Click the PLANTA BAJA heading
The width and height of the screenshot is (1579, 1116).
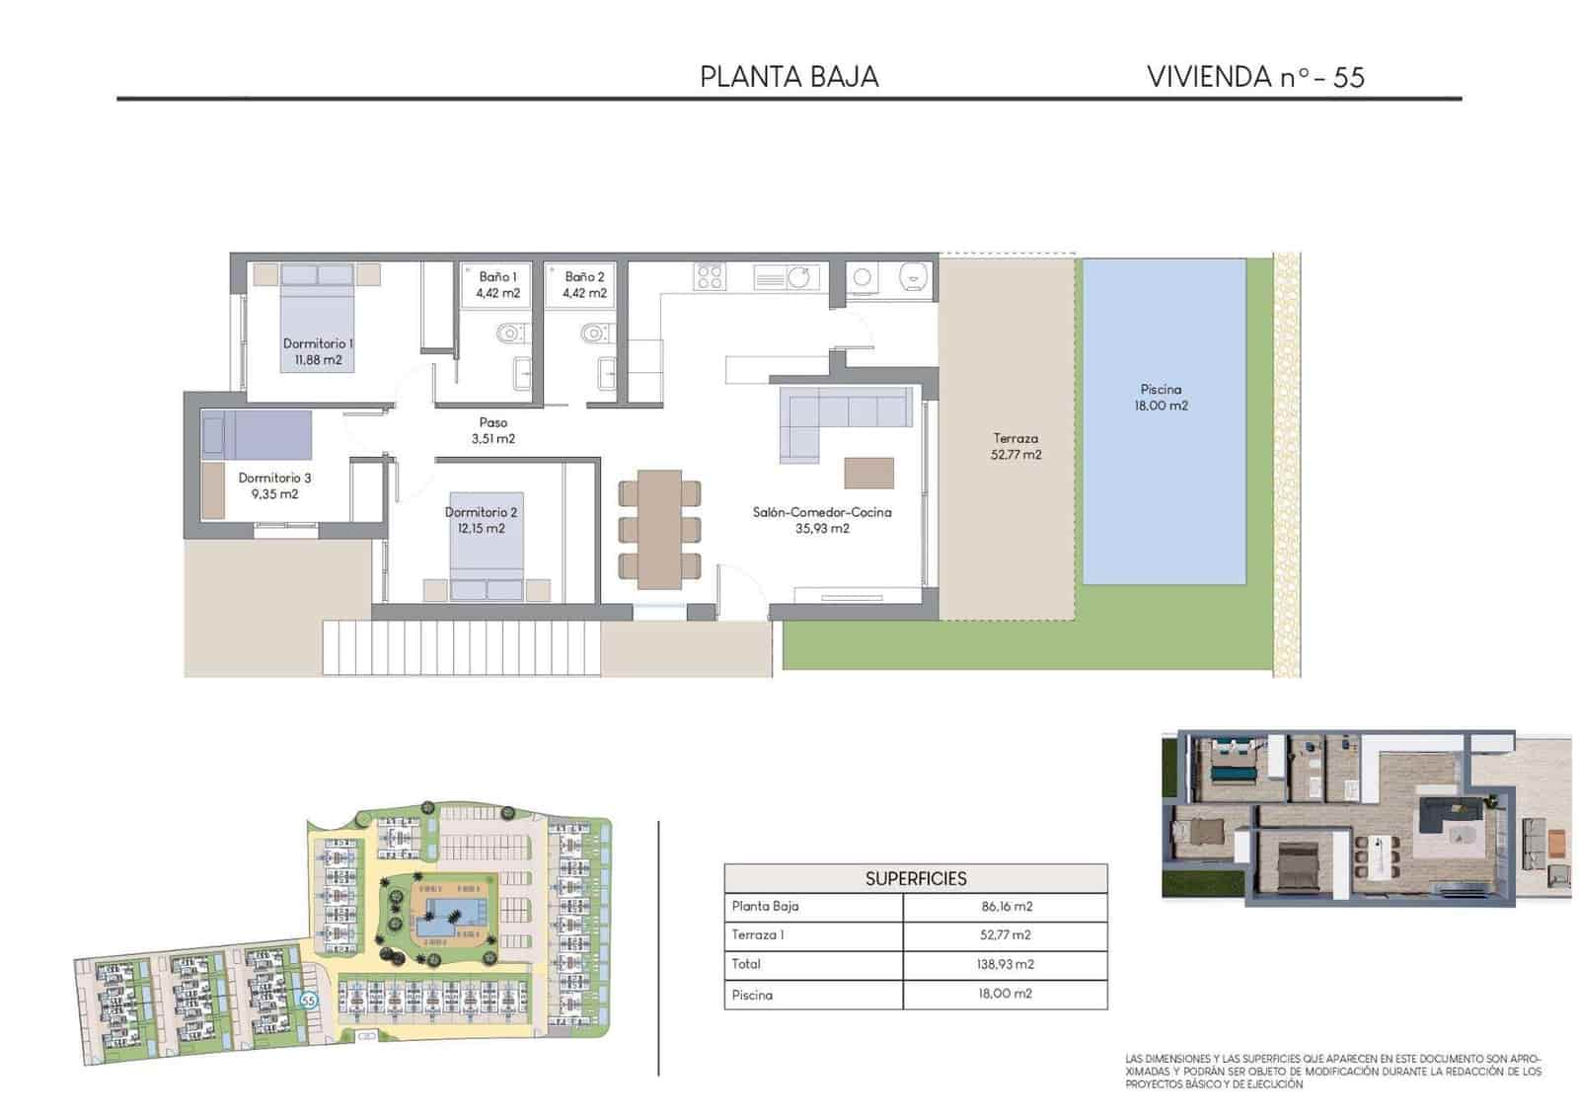tap(789, 77)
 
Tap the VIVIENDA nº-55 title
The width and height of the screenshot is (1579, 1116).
tap(1254, 77)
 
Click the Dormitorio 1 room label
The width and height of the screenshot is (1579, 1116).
tap(318, 343)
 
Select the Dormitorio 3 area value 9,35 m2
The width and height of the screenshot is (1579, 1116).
tap(274, 494)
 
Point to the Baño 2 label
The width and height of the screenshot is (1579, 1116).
tap(584, 276)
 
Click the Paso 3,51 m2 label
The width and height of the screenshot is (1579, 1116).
tap(493, 430)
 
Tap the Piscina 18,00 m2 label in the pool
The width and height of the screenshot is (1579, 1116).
tap(1161, 397)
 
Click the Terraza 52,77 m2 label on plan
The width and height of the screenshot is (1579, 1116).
tap(1015, 446)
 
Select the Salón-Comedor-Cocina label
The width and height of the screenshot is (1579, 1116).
tap(822, 512)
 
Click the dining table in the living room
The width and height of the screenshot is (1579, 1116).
tap(659, 528)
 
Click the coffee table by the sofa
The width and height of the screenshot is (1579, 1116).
tap(868, 473)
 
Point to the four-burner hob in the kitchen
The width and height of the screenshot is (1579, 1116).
tap(710, 276)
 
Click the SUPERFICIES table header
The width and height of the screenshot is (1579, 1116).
tap(915, 878)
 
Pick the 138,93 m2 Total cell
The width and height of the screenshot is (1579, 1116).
tap(1005, 964)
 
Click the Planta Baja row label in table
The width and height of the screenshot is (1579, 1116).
tap(765, 906)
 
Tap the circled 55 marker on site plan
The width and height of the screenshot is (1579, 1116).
tap(309, 1000)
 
